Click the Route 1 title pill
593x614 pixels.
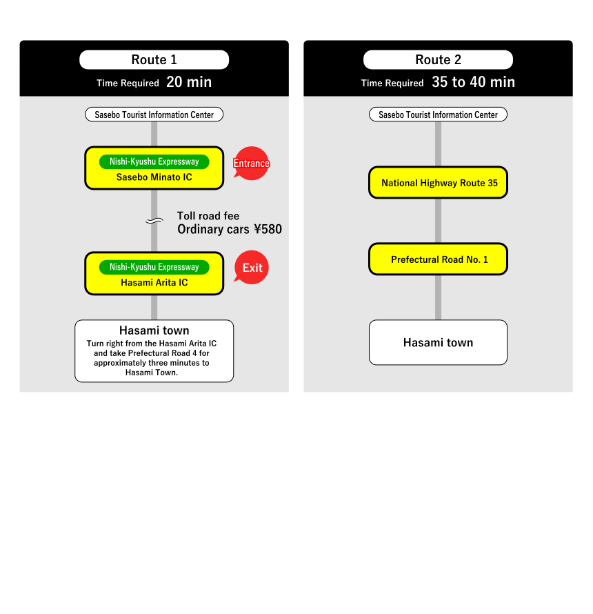click(154, 60)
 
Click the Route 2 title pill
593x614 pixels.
click(438, 60)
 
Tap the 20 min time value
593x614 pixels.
click(189, 82)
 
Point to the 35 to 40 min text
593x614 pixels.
click(473, 82)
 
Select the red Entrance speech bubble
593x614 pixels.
click(251, 164)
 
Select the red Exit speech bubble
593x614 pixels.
click(252, 268)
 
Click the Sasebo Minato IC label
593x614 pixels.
click(154, 177)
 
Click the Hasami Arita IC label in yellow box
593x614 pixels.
click(154, 282)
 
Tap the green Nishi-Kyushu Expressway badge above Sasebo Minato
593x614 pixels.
click(154, 161)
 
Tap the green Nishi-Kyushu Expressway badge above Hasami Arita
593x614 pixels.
click(154, 267)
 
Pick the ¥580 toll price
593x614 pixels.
click(268, 230)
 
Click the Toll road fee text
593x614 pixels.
click(208, 216)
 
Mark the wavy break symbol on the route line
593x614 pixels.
click(154, 221)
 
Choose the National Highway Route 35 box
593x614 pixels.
click(438, 183)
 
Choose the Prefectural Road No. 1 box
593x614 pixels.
click(438, 259)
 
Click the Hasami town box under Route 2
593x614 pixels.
click(438, 342)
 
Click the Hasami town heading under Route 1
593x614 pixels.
click(154, 330)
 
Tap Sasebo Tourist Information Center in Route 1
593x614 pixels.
click(154, 115)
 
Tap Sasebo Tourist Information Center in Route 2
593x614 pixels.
click(438, 115)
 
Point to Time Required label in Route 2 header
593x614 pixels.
click(392, 83)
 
